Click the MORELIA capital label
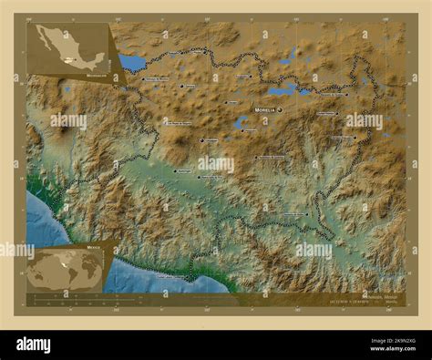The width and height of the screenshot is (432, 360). click(x=263, y=109)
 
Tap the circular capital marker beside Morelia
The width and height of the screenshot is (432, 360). click(x=280, y=109)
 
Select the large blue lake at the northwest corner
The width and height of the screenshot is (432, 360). click(x=131, y=63)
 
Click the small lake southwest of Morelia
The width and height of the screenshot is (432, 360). click(x=241, y=122)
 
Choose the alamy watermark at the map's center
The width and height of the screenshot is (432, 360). click(x=216, y=165)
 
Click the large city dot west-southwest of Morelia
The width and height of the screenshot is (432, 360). click(x=201, y=140)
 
